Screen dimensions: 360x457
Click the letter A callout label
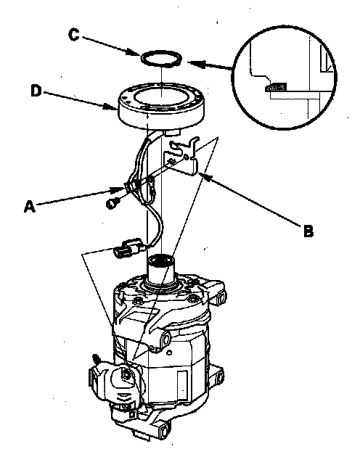(x=30, y=207)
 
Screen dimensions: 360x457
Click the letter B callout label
(x=308, y=231)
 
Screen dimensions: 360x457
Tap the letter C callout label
(x=74, y=34)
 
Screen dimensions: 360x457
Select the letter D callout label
(x=36, y=91)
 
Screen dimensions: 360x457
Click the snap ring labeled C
(x=161, y=59)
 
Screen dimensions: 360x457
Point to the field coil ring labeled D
(x=160, y=107)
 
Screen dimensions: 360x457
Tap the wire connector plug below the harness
(x=128, y=247)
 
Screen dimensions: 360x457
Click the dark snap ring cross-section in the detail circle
(x=276, y=88)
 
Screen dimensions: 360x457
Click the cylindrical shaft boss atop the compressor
(x=160, y=270)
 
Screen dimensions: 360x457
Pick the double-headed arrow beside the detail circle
(x=210, y=65)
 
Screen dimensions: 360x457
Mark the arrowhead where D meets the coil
(x=112, y=107)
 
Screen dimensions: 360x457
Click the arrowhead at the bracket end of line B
(x=204, y=176)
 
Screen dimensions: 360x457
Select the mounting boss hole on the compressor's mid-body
(x=165, y=339)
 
